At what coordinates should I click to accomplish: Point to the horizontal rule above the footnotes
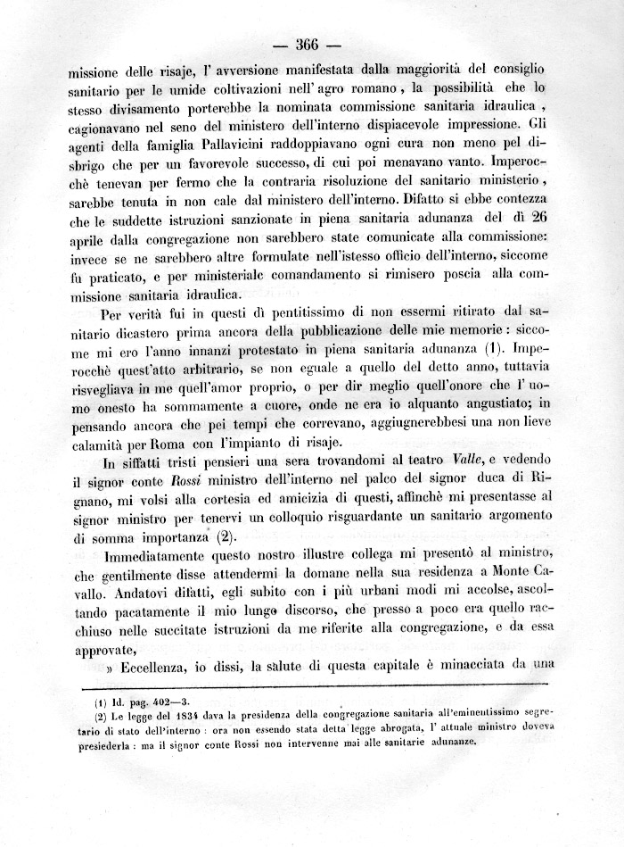(x=311, y=686)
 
